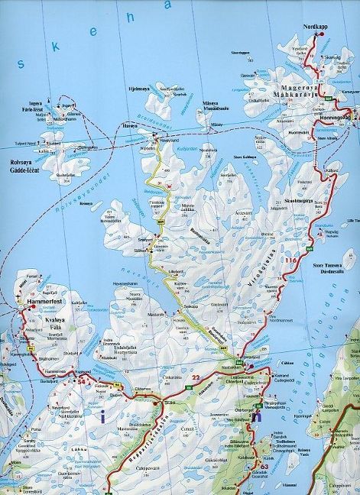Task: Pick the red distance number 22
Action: tap(196, 377)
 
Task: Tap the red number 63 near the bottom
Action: tap(265, 466)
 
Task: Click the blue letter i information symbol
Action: tap(102, 416)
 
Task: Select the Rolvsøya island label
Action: tap(18, 161)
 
